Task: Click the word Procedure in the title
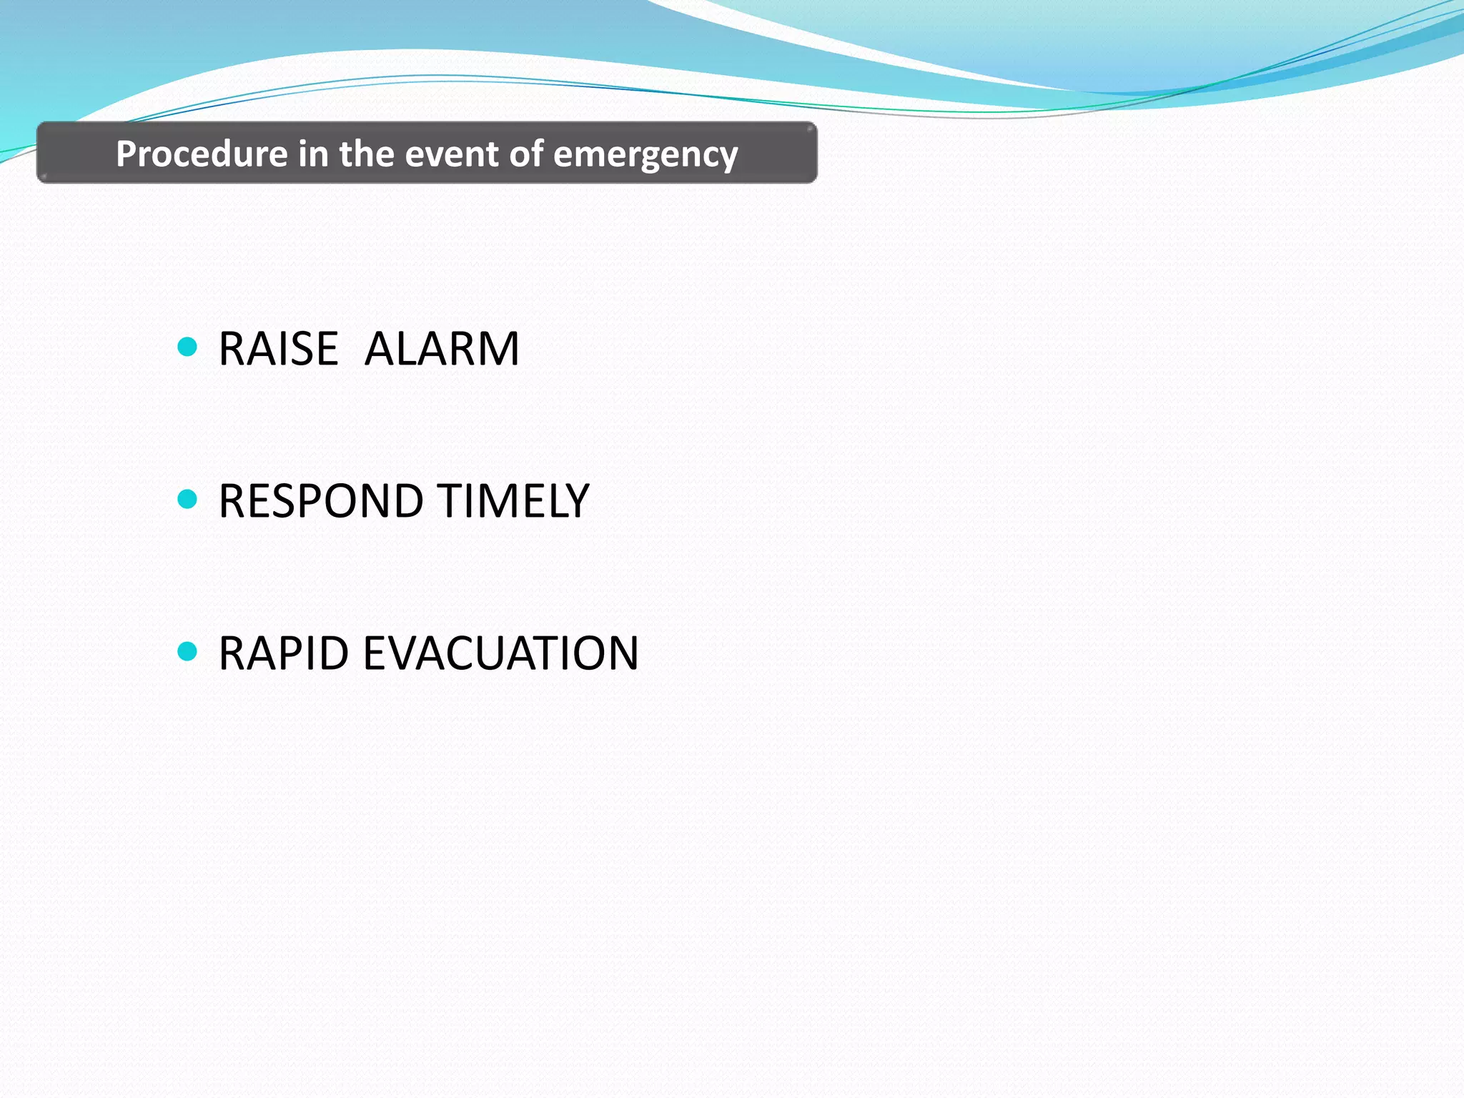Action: pyautogui.click(x=202, y=154)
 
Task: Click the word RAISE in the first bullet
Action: pyautogui.click(x=278, y=350)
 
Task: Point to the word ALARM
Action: pyautogui.click(x=442, y=350)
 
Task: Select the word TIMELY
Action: pyautogui.click(x=513, y=501)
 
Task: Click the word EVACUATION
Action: pyautogui.click(x=500, y=653)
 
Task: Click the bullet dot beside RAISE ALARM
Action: pyautogui.click(x=187, y=347)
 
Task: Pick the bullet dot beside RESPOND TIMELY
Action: pyautogui.click(x=187, y=499)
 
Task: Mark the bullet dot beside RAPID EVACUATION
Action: pyautogui.click(x=187, y=651)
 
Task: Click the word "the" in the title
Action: pyautogui.click(x=366, y=154)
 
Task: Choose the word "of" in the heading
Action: pyautogui.click(x=525, y=154)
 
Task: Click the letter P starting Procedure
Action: pyautogui.click(x=126, y=154)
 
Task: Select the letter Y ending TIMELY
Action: pyautogui.click(x=576, y=501)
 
